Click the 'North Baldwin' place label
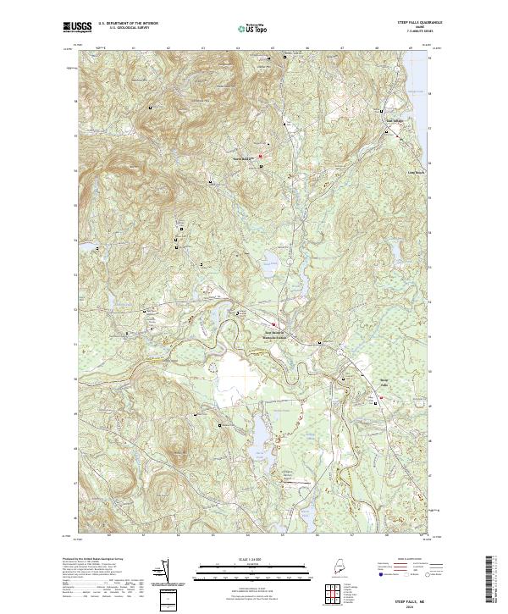(244, 158)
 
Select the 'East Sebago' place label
(395, 120)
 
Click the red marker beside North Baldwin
(260, 156)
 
